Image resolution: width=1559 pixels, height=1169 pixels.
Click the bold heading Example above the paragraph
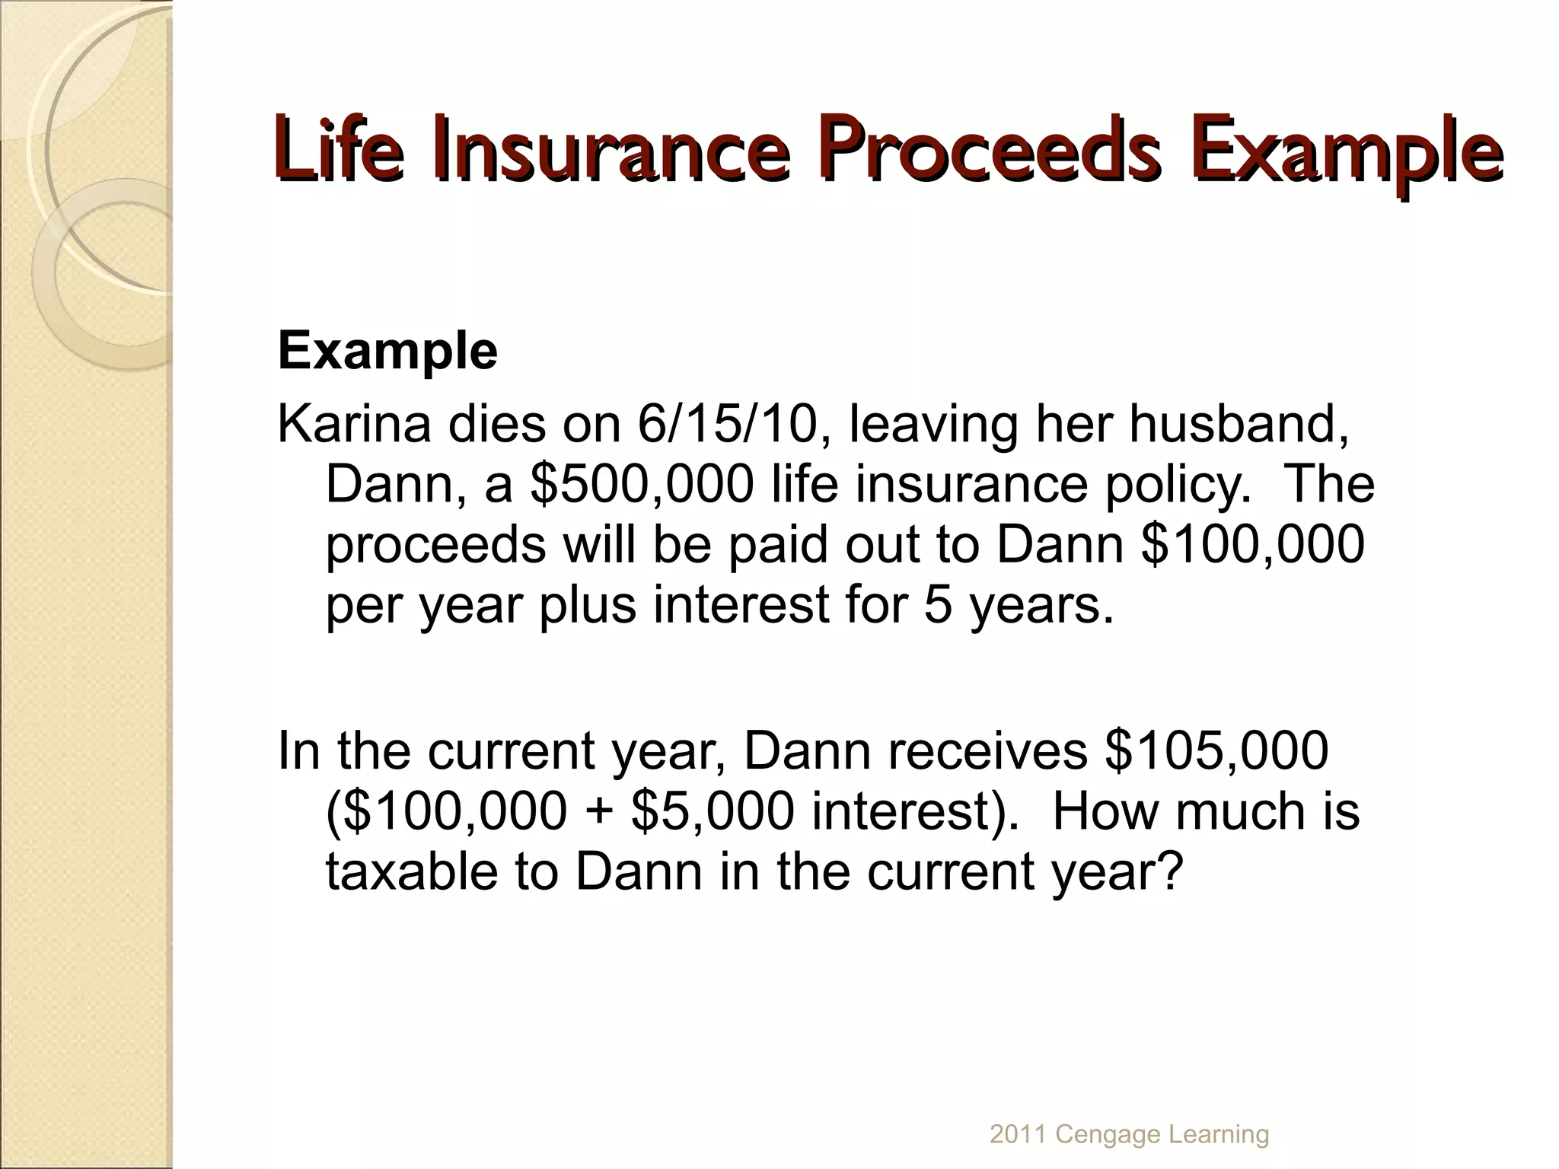point(387,351)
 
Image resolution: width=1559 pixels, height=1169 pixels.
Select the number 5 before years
point(939,605)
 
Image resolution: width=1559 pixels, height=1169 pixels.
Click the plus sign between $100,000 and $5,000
point(600,812)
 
